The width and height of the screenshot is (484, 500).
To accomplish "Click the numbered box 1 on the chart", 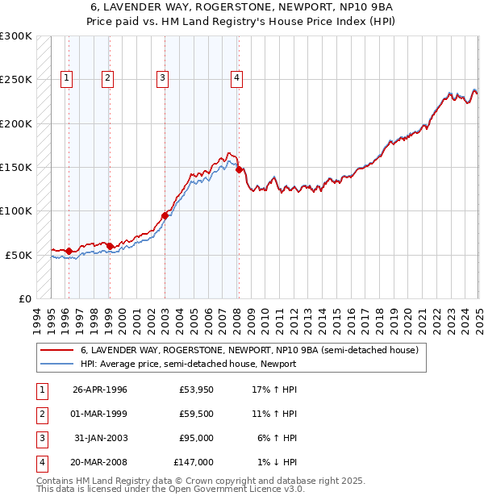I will (x=65, y=78).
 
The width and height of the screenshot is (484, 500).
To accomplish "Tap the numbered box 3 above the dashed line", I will (x=162, y=78).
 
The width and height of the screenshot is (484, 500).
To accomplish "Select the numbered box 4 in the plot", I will (x=236, y=78).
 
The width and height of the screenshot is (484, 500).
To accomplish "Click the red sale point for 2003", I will (x=165, y=215).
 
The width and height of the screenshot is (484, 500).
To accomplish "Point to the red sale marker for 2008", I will (x=239, y=169).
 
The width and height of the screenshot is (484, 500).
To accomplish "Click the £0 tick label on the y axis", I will (x=24, y=298).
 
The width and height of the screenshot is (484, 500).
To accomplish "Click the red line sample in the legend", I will (x=56, y=351).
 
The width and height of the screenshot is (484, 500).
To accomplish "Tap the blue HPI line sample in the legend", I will (x=56, y=364).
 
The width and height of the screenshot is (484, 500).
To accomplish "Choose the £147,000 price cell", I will (x=194, y=462).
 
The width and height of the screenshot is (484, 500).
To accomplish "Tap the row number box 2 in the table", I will (x=40, y=414).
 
